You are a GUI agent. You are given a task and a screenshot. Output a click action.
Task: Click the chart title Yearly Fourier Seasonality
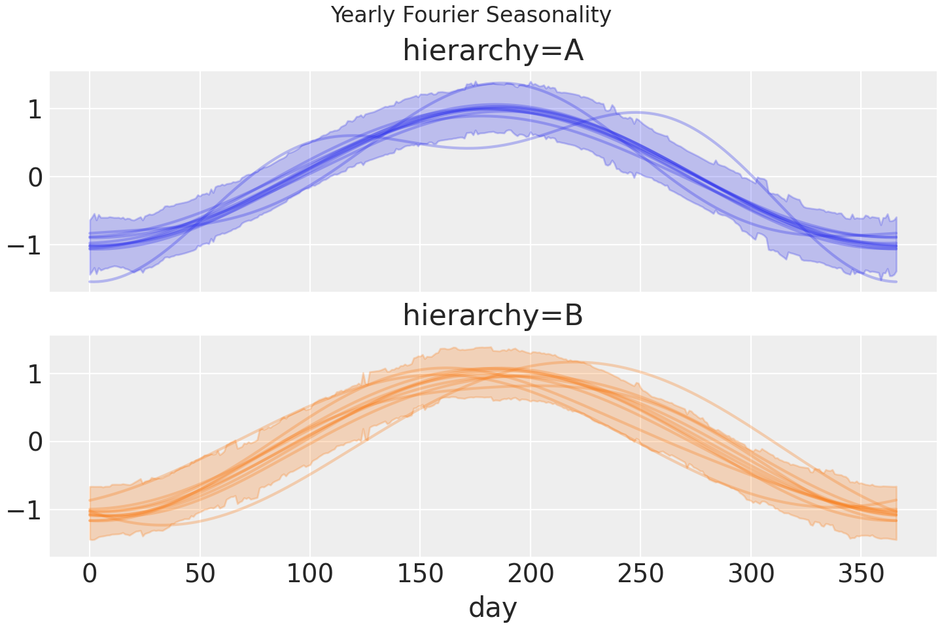tap(471, 14)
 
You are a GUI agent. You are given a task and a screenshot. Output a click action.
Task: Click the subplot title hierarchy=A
tap(493, 51)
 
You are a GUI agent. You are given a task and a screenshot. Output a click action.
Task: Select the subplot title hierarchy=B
tap(493, 316)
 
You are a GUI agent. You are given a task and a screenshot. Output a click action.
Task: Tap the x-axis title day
tap(493, 608)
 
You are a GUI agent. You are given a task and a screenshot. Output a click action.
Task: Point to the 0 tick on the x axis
tap(90, 575)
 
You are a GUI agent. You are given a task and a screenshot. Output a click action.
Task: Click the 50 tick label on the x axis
tap(200, 575)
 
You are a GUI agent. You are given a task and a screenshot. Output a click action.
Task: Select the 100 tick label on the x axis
tap(310, 575)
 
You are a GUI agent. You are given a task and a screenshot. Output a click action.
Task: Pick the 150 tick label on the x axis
tap(421, 575)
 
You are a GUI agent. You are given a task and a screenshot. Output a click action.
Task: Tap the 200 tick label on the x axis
tap(531, 575)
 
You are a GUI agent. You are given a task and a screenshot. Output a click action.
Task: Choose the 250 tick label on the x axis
tap(641, 575)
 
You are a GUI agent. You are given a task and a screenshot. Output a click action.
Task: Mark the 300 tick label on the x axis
tap(751, 575)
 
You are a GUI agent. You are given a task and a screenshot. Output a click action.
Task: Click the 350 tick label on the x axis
tap(861, 575)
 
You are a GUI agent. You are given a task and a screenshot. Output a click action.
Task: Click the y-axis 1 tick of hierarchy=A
tap(35, 109)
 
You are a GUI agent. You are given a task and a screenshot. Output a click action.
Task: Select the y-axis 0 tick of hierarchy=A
tap(35, 177)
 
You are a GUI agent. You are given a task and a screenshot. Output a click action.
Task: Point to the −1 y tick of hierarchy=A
tap(26, 245)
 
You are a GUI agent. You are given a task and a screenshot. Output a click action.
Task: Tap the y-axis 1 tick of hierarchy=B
tap(35, 374)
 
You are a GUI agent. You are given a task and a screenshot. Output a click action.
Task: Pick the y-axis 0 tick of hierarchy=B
tap(35, 442)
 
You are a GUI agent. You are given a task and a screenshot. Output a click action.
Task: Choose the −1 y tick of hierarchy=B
tap(26, 510)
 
